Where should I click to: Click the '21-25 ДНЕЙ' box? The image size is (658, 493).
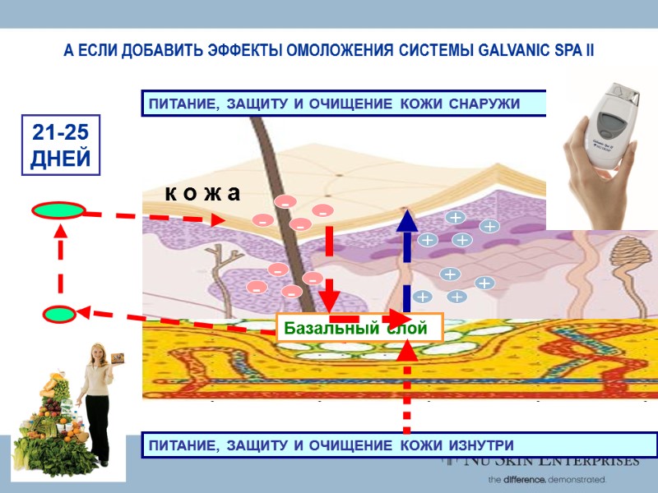pyautogui.click(x=60, y=145)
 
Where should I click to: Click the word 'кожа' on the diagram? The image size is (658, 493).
pyautogui.click(x=202, y=194)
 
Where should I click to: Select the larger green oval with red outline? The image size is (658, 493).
pyautogui.click(x=58, y=210)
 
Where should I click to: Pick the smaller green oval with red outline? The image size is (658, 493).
pyautogui.click(x=59, y=314)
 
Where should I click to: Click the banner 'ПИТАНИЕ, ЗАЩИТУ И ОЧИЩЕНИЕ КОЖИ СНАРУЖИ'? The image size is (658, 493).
pyautogui.click(x=344, y=104)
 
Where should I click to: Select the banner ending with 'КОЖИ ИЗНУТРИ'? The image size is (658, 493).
pyautogui.click(x=400, y=445)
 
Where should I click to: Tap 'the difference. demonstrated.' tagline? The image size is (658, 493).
pyautogui.click(x=547, y=478)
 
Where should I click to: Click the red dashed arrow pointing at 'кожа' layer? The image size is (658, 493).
pyautogui.click(x=156, y=217)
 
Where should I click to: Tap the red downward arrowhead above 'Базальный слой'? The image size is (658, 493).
pyautogui.click(x=330, y=296)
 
